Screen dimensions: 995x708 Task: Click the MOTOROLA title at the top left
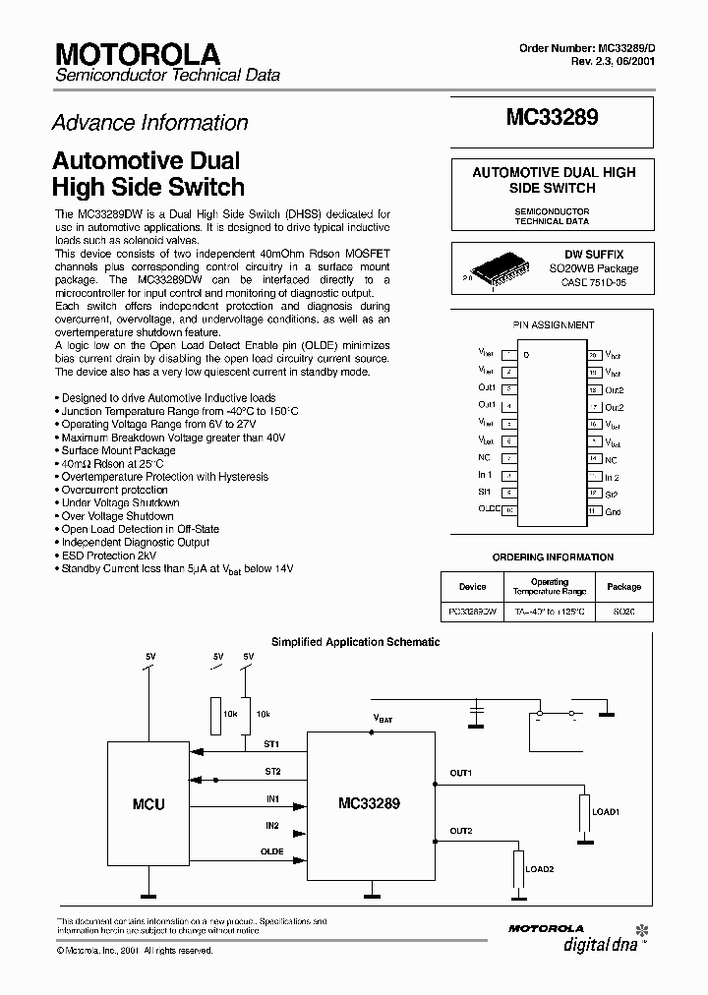pyautogui.click(x=138, y=53)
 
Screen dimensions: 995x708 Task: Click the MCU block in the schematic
pyautogui.click(x=148, y=803)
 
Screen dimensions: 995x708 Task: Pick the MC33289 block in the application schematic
pyautogui.click(x=369, y=803)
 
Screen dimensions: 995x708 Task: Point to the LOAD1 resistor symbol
pyautogui.click(x=585, y=812)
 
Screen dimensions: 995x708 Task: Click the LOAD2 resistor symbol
pyautogui.click(x=516, y=868)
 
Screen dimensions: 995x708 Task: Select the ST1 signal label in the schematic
pyautogui.click(x=272, y=744)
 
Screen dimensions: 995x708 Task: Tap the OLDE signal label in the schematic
pyautogui.click(x=272, y=851)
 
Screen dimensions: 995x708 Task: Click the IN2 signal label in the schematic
pyautogui.click(x=272, y=825)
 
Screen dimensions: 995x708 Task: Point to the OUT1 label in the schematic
pyautogui.click(x=461, y=773)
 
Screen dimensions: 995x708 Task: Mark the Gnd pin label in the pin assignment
pyautogui.click(x=612, y=511)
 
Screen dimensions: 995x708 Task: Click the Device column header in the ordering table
pyautogui.click(x=472, y=587)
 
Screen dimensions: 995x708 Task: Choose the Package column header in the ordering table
pyautogui.click(x=623, y=587)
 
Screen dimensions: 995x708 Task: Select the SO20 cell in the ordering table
pyautogui.click(x=623, y=612)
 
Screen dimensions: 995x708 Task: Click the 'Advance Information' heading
pyautogui.click(x=149, y=123)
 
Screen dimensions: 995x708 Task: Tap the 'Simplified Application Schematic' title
pyautogui.click(x=355, y=642)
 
